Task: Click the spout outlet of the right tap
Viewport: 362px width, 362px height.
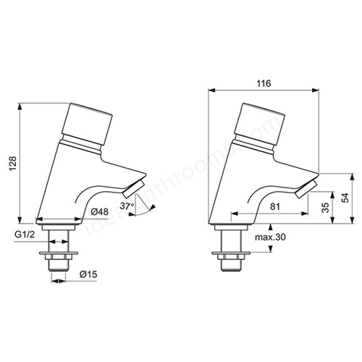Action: click(x=307, y=191)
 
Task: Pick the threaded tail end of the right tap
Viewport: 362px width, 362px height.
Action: click(x=232, y=266)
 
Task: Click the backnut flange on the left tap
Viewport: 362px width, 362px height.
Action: click(x=58, y=255)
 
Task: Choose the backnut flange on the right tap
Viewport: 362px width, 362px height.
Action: click(x=232, y=255)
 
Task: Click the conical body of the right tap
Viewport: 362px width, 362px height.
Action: click(x=243, y=174)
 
